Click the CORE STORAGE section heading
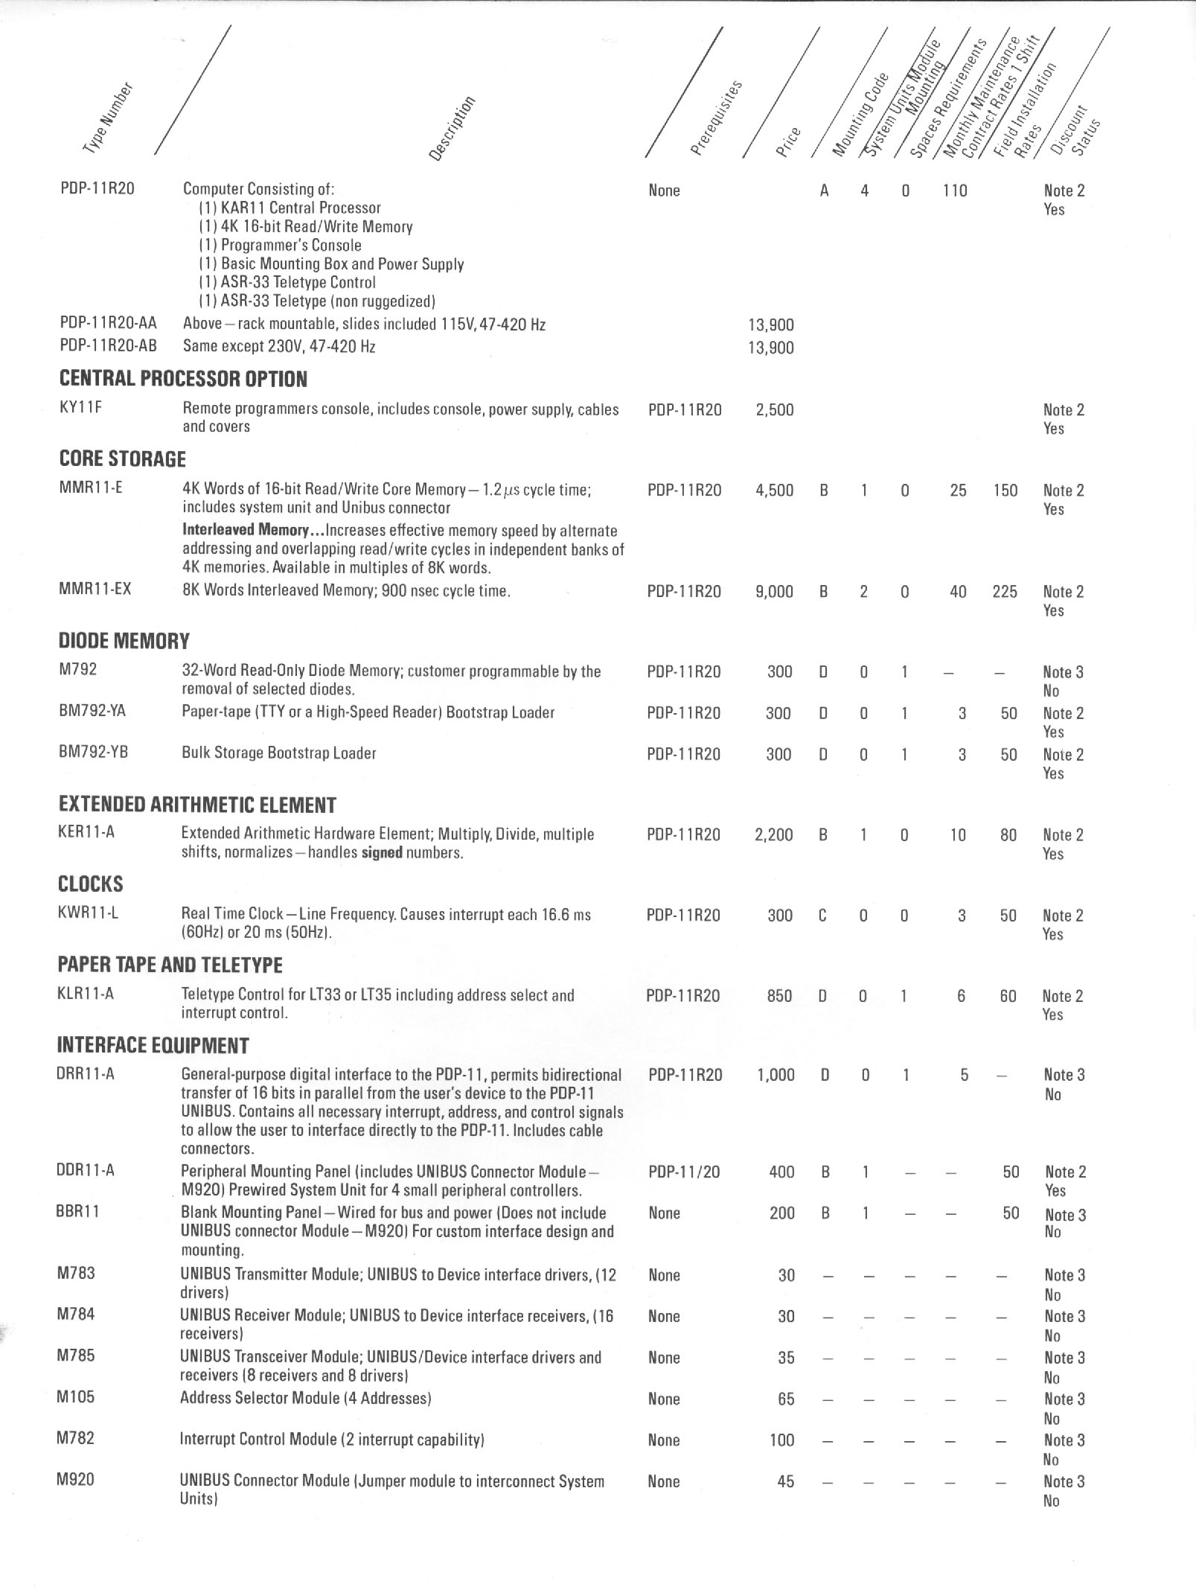point(122,459)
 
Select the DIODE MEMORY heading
point(124,641)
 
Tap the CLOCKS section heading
point(90,884)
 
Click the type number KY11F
point(80,408)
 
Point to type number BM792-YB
point(93,753)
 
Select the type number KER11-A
point(86,832)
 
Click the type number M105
point(76,1396)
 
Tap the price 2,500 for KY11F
point(774,409)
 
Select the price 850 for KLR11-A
point(778,996)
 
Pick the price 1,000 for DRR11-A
point(776,1075)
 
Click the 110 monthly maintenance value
point(953,191)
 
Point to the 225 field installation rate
point(1005,592)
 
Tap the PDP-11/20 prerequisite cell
point(684,1172)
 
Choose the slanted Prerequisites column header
point(717,118)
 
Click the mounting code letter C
point(822,916)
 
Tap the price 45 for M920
point(785,1481)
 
